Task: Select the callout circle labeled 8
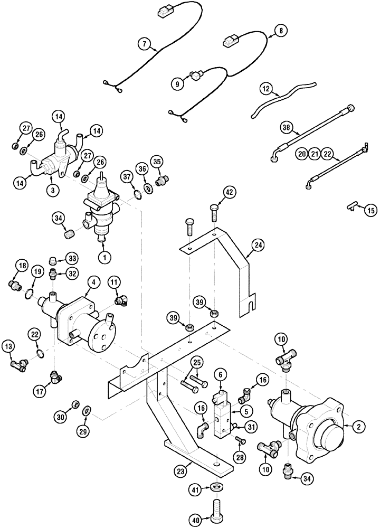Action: coord(281,31)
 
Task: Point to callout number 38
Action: coord(287,127)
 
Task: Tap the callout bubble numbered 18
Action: coord(22,265)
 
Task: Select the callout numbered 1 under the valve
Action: coord(104,257)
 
